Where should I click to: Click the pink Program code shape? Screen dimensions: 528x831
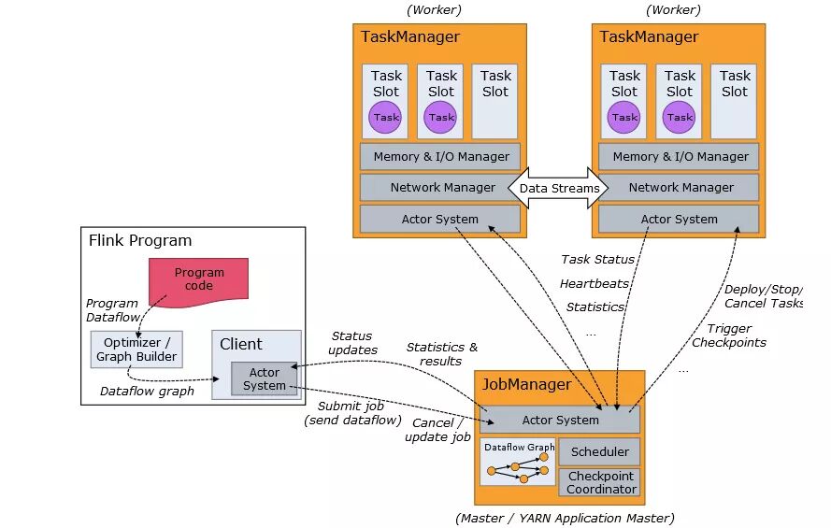coord(198,278)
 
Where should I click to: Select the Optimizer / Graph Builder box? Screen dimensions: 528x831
coord(136,349)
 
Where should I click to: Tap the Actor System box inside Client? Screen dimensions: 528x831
coord(265,378)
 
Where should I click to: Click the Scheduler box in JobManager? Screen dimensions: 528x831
coord(599,452)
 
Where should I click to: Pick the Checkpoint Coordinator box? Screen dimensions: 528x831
coord(601,482)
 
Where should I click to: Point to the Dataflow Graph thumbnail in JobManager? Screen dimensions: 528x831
coord(518,463)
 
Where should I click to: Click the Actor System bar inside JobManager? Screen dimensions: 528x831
coord(560,420)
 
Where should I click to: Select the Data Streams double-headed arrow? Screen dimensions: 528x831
coord(559,188)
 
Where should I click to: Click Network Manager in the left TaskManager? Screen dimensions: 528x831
coord(441,187)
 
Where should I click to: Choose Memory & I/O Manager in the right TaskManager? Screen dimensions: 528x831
coord(680,156)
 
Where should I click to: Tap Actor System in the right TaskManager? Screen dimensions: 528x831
coord(679,219)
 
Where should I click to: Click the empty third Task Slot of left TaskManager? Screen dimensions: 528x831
coord(495,101)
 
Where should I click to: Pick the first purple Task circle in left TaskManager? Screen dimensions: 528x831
coord(386,118)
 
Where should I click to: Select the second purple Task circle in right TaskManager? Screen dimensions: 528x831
coord(680,118)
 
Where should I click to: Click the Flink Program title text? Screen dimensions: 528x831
coord(139,240)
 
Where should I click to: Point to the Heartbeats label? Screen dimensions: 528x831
coord(595,283)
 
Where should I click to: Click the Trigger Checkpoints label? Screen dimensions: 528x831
coord(729,335)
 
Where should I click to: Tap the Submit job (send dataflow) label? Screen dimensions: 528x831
coord(351,413)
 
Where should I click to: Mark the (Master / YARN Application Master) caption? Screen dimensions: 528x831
coord(565,518)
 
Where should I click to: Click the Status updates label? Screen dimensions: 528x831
coord(352,343)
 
